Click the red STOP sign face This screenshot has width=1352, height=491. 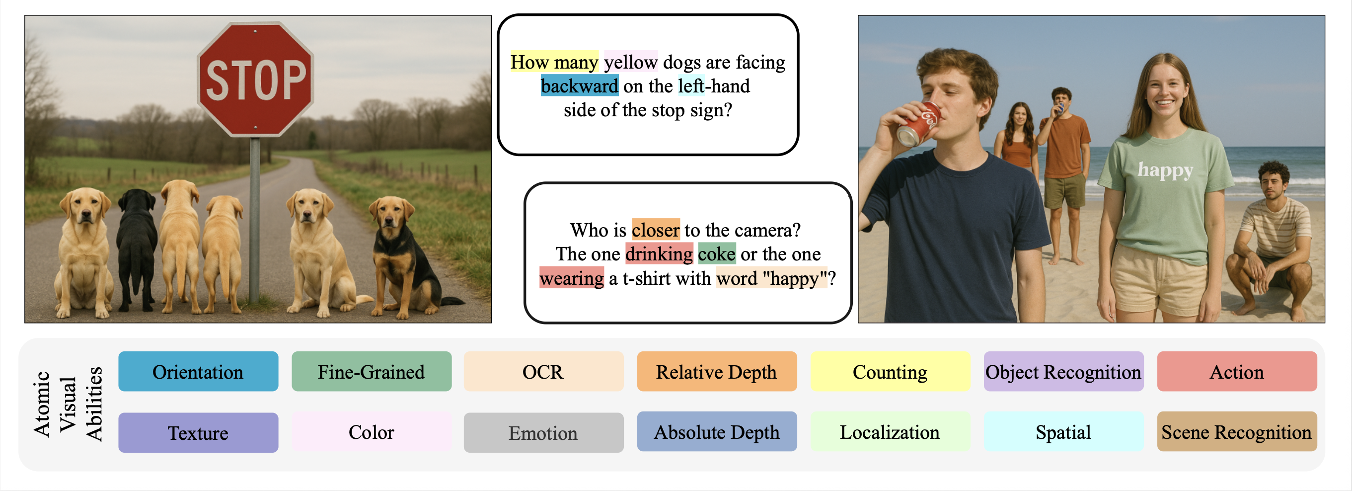[255, 79]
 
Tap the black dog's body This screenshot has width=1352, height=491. [136, 247]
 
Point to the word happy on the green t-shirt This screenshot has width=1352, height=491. [1165, 169]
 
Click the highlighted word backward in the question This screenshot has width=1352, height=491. [580, 85]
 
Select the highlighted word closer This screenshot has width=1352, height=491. [656, 230]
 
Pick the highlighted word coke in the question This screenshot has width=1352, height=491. [716, 253]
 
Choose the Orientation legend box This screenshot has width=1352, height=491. [198, 371]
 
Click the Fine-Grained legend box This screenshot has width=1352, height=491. [371, 371]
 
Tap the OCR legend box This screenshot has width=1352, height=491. [543, 371]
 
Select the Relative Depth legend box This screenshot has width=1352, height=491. [716, 371]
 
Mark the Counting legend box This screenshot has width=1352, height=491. [890, 371]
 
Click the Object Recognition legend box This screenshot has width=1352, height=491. [1063, 371]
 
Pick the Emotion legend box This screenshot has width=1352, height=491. [543, 432]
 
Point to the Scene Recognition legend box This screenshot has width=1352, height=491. [1237, 432]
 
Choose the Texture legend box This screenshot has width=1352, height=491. [198, 432]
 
